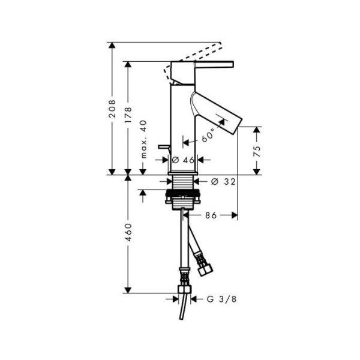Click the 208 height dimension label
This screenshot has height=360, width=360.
(x=112, y=109)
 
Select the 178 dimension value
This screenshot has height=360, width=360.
(x=128, y=115)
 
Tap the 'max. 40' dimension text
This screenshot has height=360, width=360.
(x=143, y=139)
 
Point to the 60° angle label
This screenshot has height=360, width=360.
(x=208, y=135)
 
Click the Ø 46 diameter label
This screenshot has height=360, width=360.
(x=183, y=160)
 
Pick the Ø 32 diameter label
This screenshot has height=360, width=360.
(x=223, y=182)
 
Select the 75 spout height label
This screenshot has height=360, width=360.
(x=257, y=151)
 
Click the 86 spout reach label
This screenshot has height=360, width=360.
(x=211, y=215)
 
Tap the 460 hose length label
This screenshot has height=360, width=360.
(x=128, y=232)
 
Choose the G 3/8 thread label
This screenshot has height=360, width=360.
(x=221, y=299)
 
